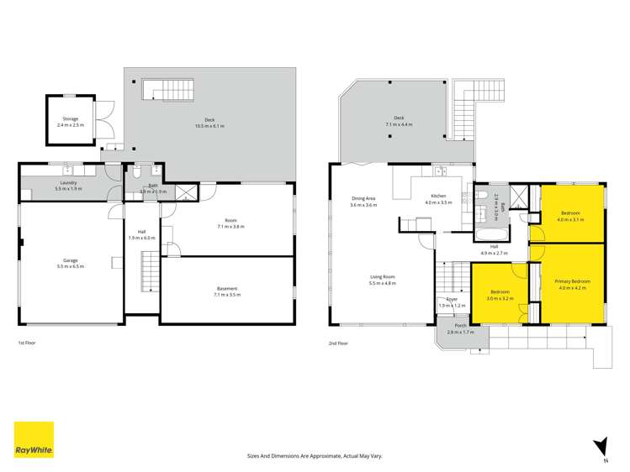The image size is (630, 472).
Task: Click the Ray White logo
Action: click(x=34, y=441)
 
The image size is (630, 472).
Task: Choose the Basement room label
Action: click(x=227, y=289)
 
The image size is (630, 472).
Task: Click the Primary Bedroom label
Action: click(x=574, y=281)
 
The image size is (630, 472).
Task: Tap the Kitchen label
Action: click(x=434, y=196)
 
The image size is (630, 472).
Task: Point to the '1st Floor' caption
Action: click(x=27, y=343)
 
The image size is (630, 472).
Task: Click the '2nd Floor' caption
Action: click(x=338, y=343)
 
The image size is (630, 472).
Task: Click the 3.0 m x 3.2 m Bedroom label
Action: click(x=499, y=292)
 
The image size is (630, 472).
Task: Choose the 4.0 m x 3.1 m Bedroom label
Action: click(x=572, y=213)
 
